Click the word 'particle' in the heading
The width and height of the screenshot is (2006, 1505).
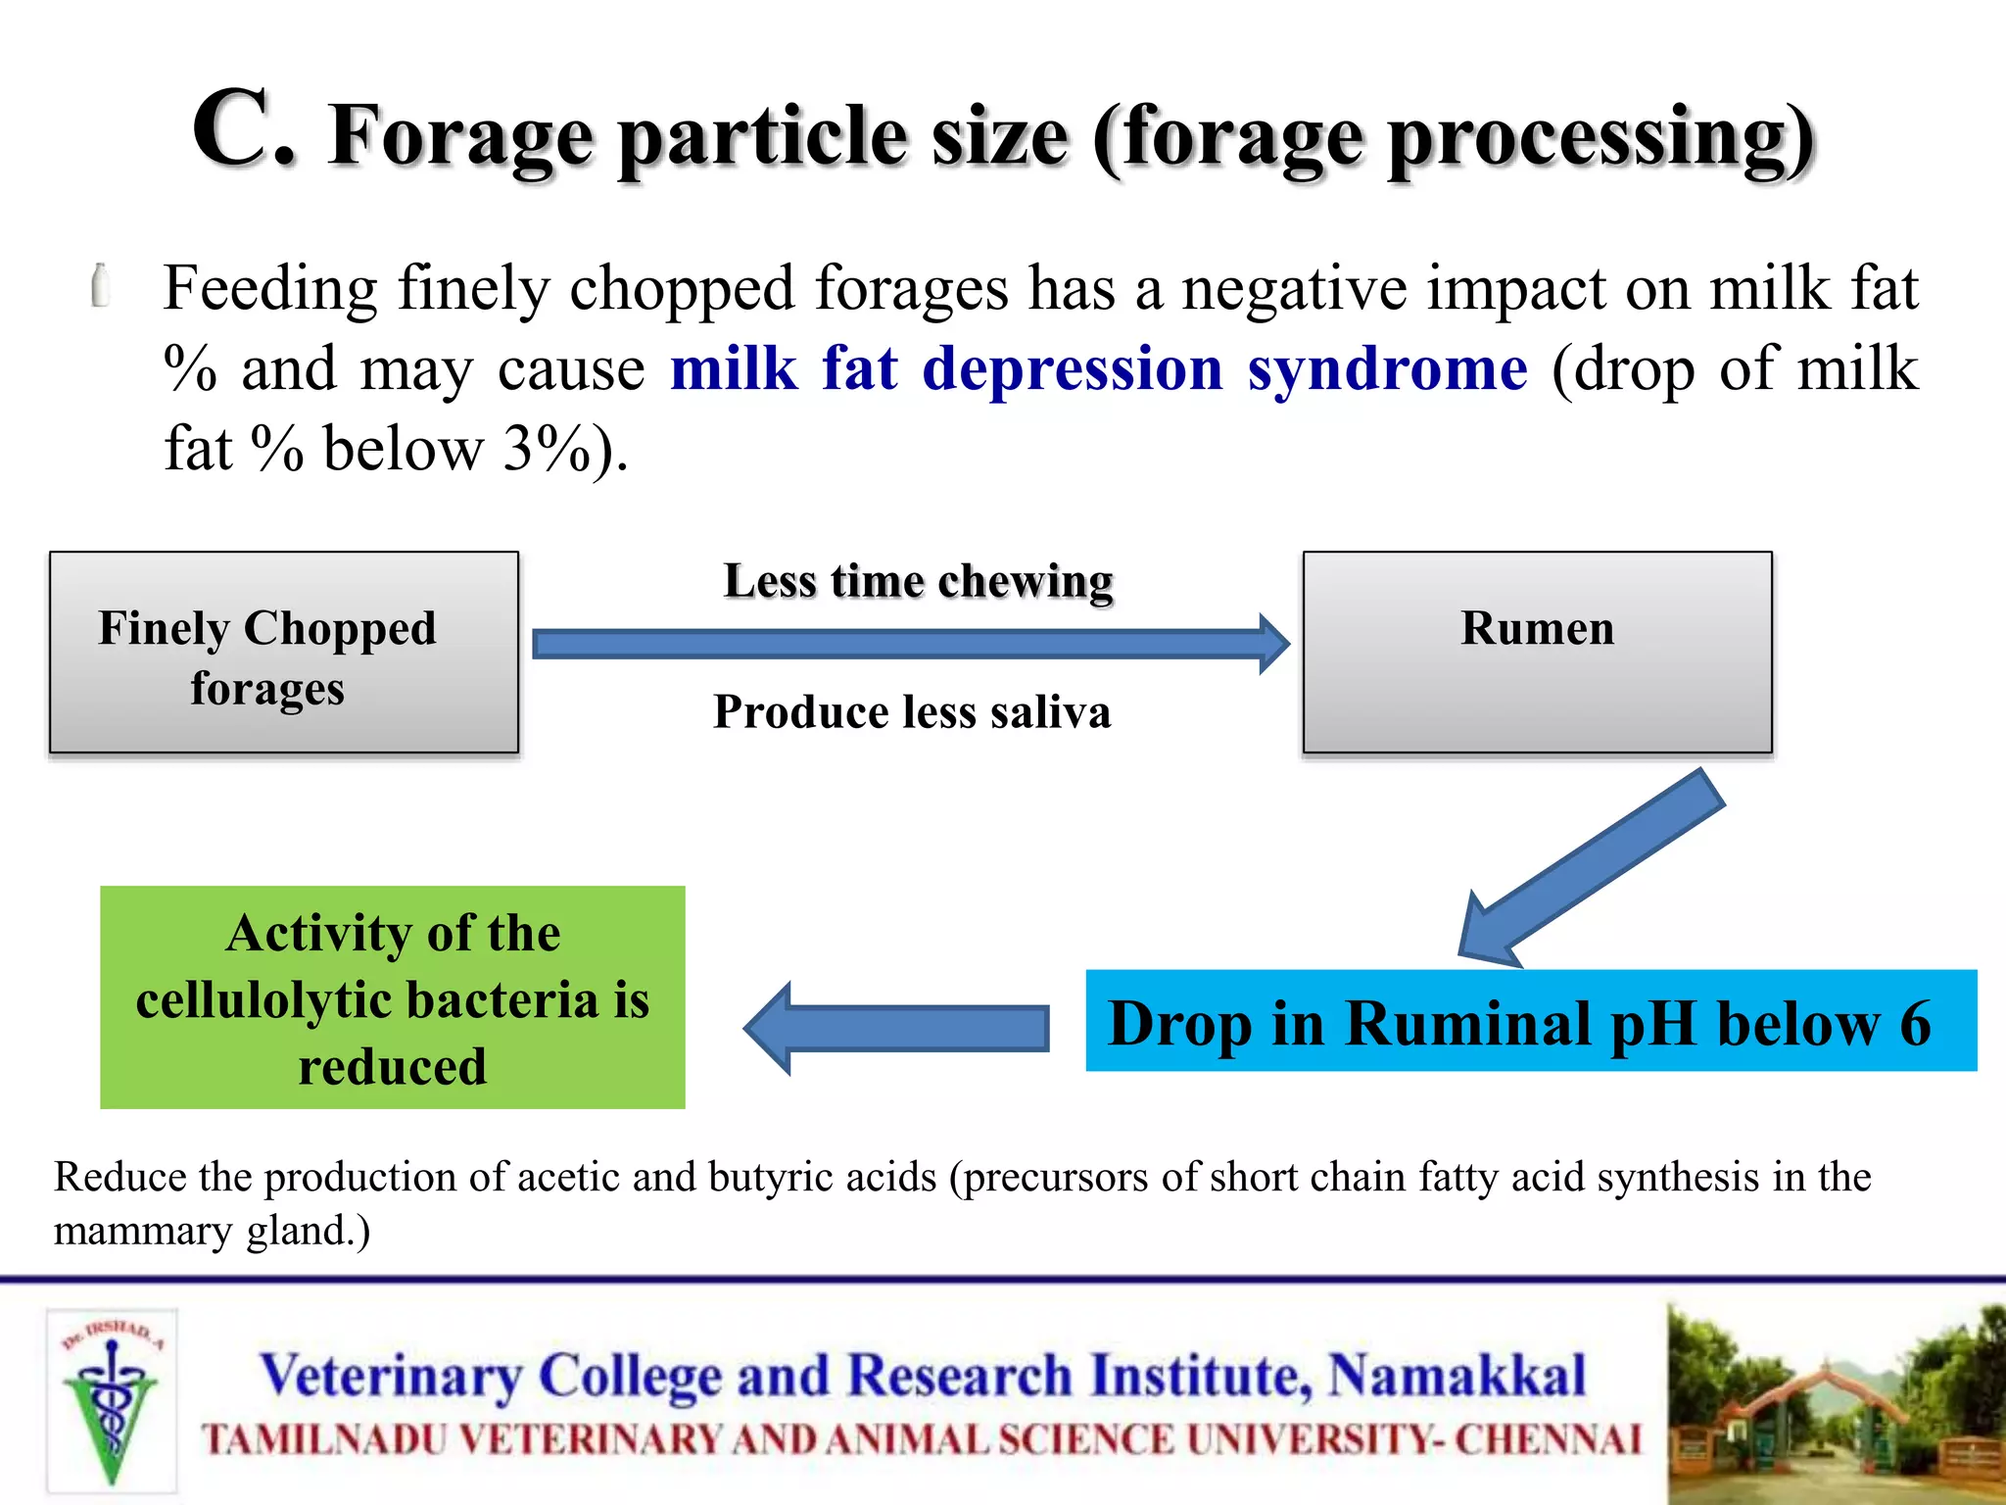pyautogui.click(x=764, y=137)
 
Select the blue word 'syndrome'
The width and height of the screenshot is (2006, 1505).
pyautogui.click(x=1387, y=369)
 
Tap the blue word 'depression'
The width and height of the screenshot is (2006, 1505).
pyautogui.click(x=1073, y=369)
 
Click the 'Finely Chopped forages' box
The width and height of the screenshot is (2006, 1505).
pyautogui.click(x=284, y=653)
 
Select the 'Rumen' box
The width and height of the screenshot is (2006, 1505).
pyautogui.click(x=1537, y=653)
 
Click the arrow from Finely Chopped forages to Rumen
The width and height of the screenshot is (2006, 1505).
pyautogui.click(x=911, y=644)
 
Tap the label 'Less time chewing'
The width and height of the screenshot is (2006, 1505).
pyautogui.click(x=918, y=581)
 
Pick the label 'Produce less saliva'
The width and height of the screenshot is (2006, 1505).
pyautogui.click(x=912, y=711)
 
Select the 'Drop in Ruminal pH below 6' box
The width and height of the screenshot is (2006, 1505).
pyautogui.click(x=1530, y=1021)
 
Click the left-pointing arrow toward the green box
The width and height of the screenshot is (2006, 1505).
pyautogui.click(x=896, y=1029)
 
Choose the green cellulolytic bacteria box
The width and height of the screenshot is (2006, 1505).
pyautogui.click(x=393, y=997)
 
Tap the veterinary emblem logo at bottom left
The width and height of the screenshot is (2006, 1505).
pyautogui.click(x=112, y=1401)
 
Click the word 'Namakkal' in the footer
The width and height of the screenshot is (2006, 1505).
pyautogui.click(x=1457, y=1375)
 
